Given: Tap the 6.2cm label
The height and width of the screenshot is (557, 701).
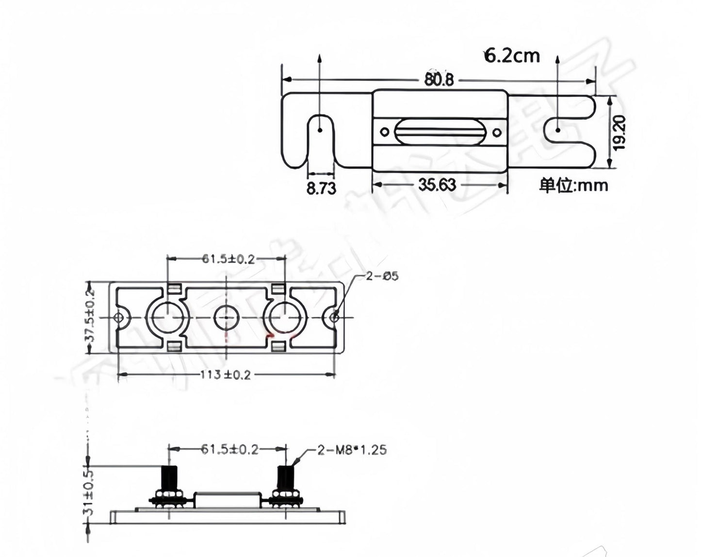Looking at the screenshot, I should pyautogui.click(x=512, y=56).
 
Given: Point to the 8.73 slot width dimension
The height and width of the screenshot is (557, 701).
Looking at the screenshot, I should pyautogui.click(x=321, y=188).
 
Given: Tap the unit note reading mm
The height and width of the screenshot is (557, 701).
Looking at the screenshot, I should pyautogui.click(x=573, y=185).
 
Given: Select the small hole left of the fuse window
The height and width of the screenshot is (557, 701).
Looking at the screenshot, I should pyautogui.click(x=384, y=132).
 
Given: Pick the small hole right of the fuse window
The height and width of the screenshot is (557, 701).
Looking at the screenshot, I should pyautogui.click(x=496, y=132).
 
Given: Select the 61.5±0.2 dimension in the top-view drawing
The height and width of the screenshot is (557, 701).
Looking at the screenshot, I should pyautogui.click(x=228, y=259).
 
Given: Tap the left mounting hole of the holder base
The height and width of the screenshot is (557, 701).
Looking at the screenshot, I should pyautogui.click(x=118, y=318).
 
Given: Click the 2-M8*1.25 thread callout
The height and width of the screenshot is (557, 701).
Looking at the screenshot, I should pyautogui.click(x=352, y=450).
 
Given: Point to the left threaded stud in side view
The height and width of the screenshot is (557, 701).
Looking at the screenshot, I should pyautogui.click(x=168, y=478).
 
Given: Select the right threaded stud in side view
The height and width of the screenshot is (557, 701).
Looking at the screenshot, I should pyautogui.click(x=286, y=478).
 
